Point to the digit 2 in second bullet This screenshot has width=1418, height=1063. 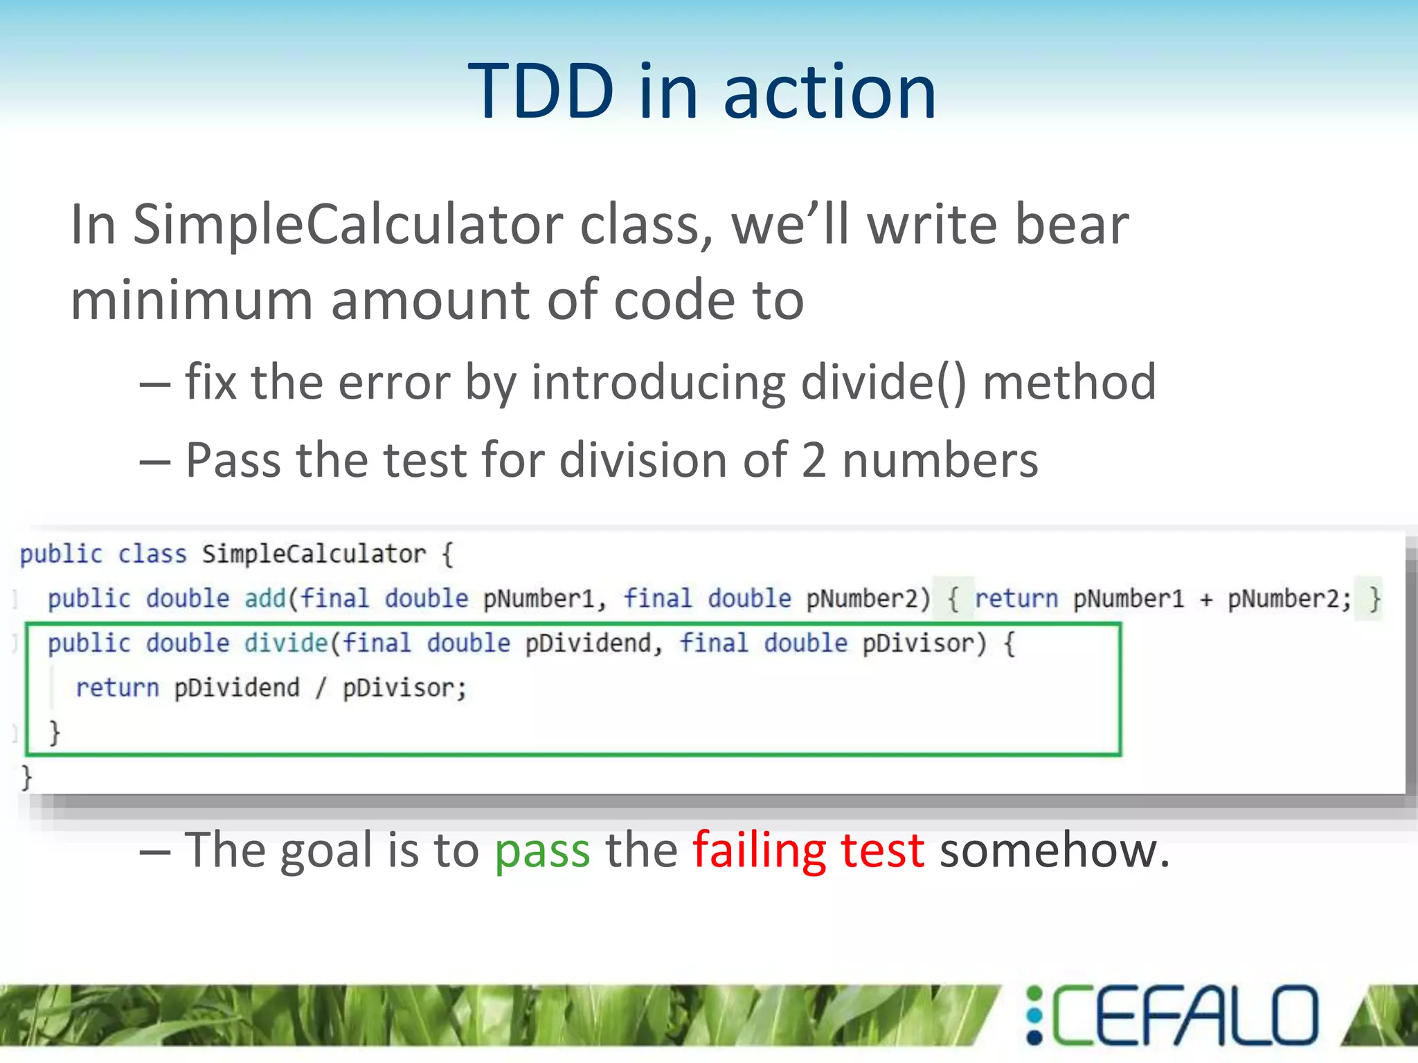click(x=814, y=460)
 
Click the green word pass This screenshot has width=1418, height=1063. click(x=542, y=851)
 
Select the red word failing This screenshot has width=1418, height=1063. click(x=759, y=851)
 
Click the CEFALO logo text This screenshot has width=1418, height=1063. click(x=1184, y=1015)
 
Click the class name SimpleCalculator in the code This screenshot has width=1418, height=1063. click(x=314, y=554)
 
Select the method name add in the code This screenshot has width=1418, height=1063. click(x=264, y=598)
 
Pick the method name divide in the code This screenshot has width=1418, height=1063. click(x=285, y=643)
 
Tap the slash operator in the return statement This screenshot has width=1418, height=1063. click(x=321, y=688)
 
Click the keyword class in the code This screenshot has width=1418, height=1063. click(x=152, y=554)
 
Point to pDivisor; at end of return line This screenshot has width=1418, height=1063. click(x=404, y=688)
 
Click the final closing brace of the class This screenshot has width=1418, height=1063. click(x=26, y=777)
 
